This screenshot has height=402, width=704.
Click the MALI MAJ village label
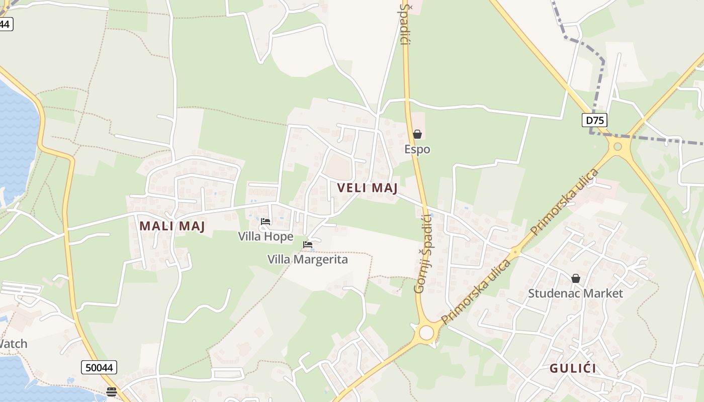172,226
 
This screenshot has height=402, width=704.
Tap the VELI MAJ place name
367,188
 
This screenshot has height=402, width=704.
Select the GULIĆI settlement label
573,368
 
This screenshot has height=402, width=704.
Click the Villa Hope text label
266,236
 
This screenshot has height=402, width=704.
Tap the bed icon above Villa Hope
266,221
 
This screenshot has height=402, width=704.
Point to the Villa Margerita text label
308,259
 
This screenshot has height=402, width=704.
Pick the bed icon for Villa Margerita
308,245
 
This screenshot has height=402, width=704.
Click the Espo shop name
417,149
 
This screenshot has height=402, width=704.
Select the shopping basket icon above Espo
417,134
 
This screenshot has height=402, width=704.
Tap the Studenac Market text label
575,293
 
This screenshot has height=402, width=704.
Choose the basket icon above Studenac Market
576,278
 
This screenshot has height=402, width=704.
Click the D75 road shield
594,120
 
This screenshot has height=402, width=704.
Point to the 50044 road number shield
99,367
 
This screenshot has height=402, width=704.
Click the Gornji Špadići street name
423,253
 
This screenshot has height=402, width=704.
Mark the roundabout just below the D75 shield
618,147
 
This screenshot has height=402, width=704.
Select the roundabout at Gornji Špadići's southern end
426,333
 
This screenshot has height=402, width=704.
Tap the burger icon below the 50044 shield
112,391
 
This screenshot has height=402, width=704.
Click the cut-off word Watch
13,344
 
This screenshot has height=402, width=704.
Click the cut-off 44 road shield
5,24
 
